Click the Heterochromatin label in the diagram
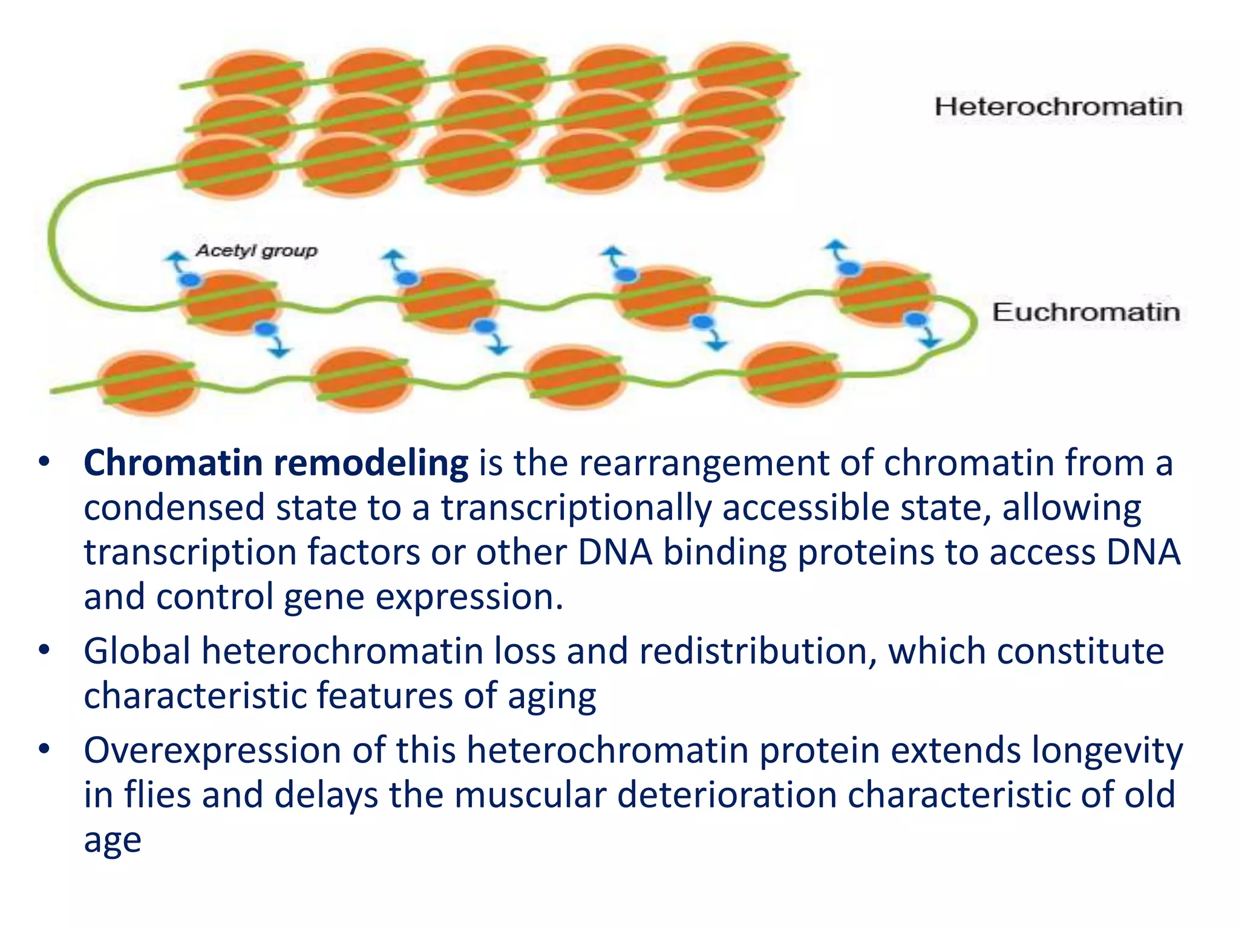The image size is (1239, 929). pyautogui.click(x=1058, y=107)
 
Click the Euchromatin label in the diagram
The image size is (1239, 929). pyautogui.click(x=1086, y=312)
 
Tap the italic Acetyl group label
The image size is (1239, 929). pyautogui.click(x=256, y=250)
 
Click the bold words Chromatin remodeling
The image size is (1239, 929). pyautogui.click(x=276, y=463)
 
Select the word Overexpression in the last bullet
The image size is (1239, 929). pyautogui.click(x=212, y=751)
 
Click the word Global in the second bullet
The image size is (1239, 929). pyautogui.click(x=137, y=651)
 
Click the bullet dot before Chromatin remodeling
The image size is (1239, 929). pyautogui.click(x=44, y=462)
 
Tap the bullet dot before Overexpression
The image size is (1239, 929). pyautogui.click(x=44, y=749)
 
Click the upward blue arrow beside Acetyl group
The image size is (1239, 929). pyautogui.click(x=176, y=261)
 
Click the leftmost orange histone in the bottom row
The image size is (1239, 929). pyautogui.click(x=147, y=382)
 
